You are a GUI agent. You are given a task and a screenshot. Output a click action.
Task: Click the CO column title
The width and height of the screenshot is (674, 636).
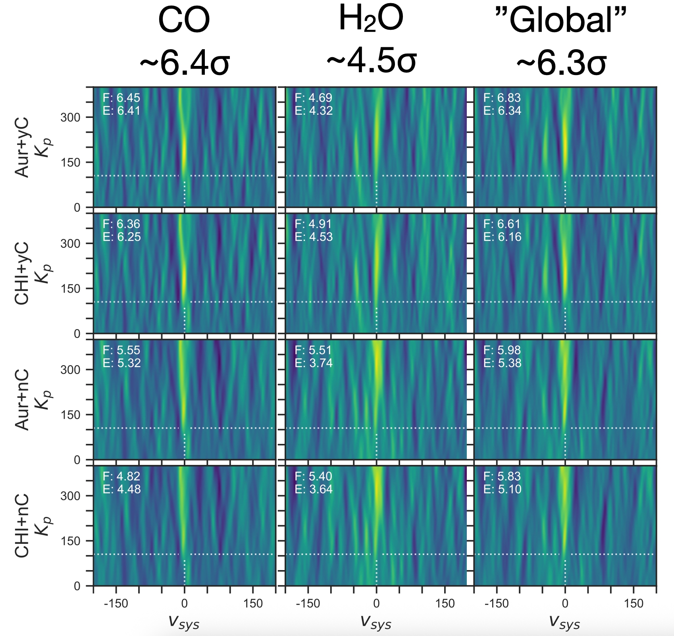(184, 21)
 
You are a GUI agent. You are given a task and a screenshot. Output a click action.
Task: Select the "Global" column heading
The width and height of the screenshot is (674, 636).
(561, 21)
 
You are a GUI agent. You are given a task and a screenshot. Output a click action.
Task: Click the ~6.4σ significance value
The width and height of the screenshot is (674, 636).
(185, 64)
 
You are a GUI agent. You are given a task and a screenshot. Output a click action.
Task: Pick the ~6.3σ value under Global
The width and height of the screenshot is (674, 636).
(561, 64)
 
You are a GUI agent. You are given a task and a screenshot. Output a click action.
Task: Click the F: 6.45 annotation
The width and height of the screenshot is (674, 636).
(121, 98)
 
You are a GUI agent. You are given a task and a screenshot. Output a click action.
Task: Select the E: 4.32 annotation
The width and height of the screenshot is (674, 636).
(314, 110)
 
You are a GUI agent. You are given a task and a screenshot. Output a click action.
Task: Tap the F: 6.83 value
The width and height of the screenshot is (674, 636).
(502, 98)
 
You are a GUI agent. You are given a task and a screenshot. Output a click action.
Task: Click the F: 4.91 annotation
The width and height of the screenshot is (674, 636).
(314, 224)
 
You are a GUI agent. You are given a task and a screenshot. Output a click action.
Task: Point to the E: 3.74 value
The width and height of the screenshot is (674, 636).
(314, 363)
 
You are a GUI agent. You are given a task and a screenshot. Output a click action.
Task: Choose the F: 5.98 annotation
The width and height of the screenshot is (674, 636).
(502, 350)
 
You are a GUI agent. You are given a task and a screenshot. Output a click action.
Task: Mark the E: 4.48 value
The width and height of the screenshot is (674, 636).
(121, 489)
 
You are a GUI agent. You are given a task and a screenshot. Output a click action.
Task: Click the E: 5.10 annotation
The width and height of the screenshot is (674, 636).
(502, 489)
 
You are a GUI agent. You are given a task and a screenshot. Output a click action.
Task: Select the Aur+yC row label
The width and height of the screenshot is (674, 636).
(22, 147)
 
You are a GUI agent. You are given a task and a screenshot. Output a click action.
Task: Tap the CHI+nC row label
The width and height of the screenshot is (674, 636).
(22, 526)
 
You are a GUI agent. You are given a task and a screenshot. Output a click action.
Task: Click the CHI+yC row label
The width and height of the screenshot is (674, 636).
(22, 273)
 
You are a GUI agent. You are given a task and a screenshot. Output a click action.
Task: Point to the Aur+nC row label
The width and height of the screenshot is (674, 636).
(22, 399)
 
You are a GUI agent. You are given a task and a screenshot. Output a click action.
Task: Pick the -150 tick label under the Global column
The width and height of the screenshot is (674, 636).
(496, 604)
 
